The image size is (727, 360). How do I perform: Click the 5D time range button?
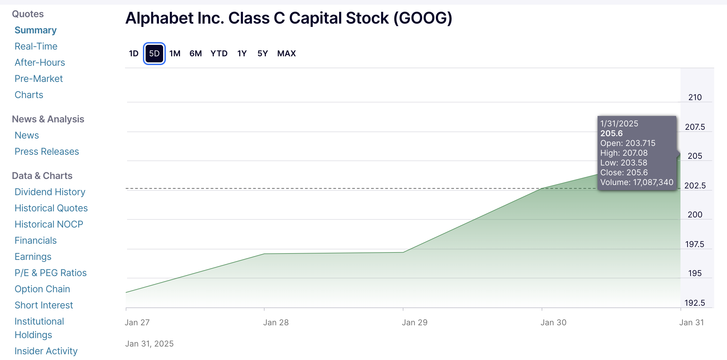pyautogui.click(x=154, y=54)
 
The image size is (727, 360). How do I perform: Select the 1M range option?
pyautogui.click(x=175, y=54)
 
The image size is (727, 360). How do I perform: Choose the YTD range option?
pyautogui.click(x=219, y=54)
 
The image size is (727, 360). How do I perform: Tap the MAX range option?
pyautogui.click(x=286, y=54)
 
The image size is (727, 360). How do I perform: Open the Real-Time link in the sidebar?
pyautogui.click(x=36, y=46)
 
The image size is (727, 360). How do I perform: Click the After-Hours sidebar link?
pyautogui.click(x=39, y=62)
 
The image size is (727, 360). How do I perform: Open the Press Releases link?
pyautogui.click(x=47, y=151)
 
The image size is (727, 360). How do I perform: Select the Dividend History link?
pyautogui.click(x=50, y=192)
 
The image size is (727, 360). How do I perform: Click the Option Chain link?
pyautogui.click(x=42, y=289)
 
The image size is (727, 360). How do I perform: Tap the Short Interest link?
pyautogui.click(x=43, y=305)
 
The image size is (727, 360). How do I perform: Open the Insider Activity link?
pyautogui.click(x=46, y=351)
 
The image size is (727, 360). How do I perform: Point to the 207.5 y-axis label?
pyautogui.click(x=695, y=127)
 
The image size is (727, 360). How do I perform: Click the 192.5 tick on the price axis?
pyautogui.click(x=694, y=303)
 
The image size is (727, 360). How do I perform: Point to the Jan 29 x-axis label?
pyautogui.click(x=414, y=323)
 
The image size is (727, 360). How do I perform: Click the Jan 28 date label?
pyautogui.click(x=276, y=323)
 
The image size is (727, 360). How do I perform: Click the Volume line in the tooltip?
pyautogui.click(x=636, y=182)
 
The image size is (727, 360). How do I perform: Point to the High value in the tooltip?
pyautogui.click(x=624, y=153)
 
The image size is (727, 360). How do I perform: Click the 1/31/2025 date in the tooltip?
pyautogui.click(x=619, y=124)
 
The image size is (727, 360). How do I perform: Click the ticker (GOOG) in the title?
pyautogui.click(x=423, y=18)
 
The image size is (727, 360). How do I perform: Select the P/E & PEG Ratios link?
pyautogui.click(x=51, y=273)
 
